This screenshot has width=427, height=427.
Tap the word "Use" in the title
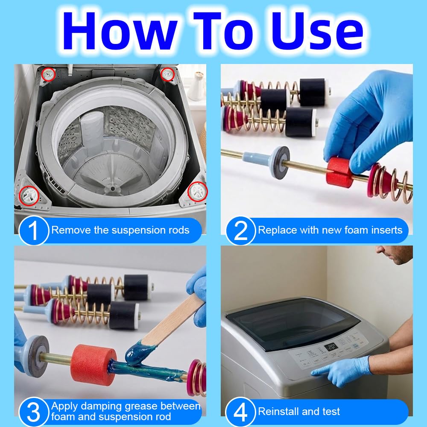click(x=319, y=30)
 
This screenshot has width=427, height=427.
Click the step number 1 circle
click(x=33, y=231)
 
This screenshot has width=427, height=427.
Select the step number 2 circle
click(x=240, y=231)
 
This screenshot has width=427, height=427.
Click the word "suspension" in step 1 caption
click(x=137, y=231)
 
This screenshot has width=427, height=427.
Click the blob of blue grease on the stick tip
click(x=137, y=353)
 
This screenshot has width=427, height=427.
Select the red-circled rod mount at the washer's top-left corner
click(x=49, y=74)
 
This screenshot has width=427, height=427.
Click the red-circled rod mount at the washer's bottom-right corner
click(x=198, y=191)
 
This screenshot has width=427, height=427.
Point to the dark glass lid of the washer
click(x=293, y=323)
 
